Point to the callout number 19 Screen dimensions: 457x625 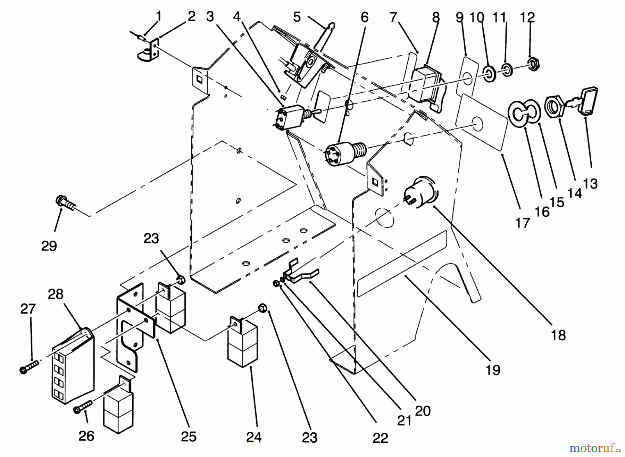coord(493,370)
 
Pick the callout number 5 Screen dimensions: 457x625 coord(297,16)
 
